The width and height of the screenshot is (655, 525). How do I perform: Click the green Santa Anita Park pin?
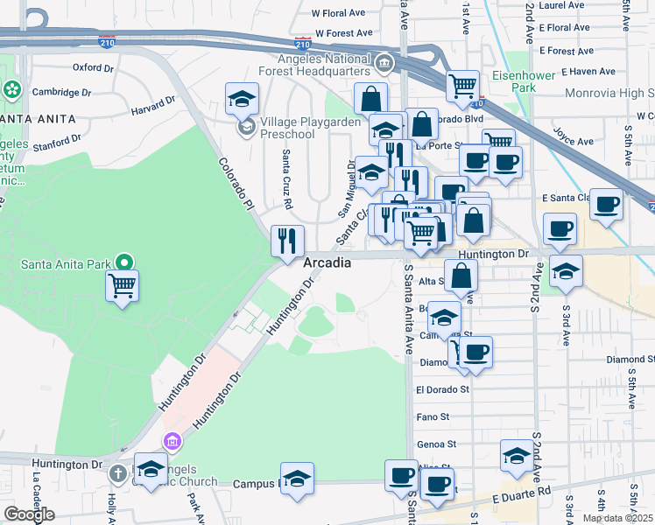click(124, 262)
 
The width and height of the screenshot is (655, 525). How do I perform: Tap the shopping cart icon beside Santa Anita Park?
click(123, 285)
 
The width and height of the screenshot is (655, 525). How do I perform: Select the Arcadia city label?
click(327, 262)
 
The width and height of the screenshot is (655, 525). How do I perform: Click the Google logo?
click(29, 514)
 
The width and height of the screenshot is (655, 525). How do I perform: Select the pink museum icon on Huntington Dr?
click(172, 442)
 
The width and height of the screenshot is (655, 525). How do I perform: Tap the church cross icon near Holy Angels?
click(119, 473)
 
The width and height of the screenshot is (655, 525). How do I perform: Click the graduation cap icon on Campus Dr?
click(298, 479)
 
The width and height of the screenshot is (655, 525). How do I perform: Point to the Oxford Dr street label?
click(94, 66)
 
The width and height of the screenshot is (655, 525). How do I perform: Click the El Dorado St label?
click(442, 388)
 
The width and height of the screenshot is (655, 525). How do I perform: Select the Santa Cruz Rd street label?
click(286, 178)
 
